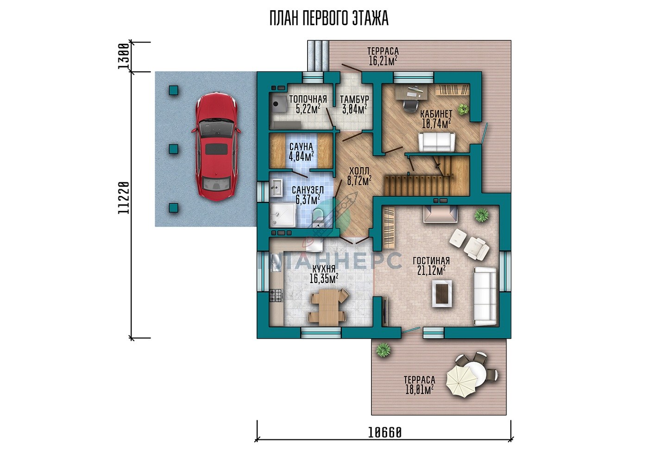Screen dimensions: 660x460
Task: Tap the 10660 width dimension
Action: coord(385,433)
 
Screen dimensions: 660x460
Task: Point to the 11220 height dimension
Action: coord(124,198)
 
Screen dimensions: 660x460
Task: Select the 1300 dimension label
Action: coord(124,57)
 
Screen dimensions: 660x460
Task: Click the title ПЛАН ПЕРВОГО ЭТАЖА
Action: coord(329,19)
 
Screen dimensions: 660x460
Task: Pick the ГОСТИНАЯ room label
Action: coord(431,261)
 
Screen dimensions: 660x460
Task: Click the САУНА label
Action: coord(301,147)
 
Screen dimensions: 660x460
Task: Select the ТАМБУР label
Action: coord(354,99)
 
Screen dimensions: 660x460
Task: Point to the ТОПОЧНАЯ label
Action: coord(308,99)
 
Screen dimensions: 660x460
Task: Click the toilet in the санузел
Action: coord(318,217)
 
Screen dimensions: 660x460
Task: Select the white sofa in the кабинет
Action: coord(437,142)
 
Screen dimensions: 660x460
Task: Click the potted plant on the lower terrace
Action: coord(383,350)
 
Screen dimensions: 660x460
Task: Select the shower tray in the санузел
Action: coord(283,215)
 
